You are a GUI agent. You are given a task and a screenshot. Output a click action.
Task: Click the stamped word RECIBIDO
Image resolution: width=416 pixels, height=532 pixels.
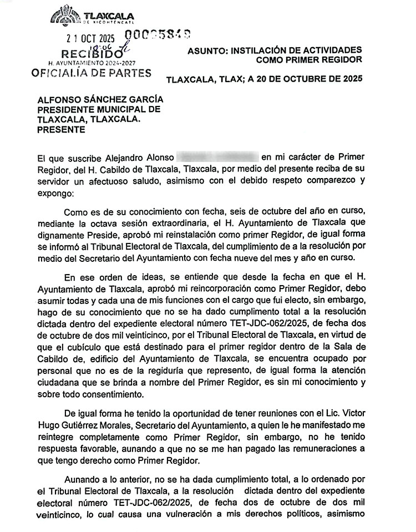point(88,55)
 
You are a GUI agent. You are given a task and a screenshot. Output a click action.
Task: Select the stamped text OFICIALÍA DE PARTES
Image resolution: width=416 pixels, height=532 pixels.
point(92,73)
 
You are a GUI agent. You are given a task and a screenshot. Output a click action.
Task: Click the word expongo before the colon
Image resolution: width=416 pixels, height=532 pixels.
point(54,195)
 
